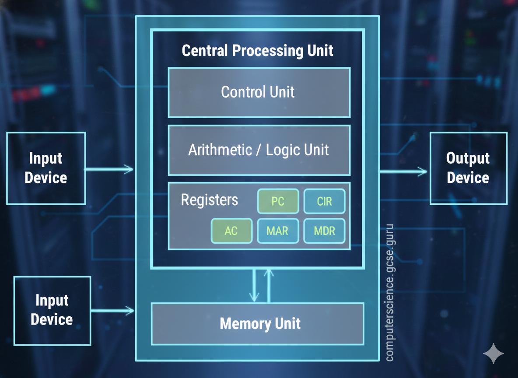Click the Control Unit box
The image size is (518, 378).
(259, 92)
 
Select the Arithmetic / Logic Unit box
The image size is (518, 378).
(259, 150)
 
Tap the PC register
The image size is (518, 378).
(278, 201)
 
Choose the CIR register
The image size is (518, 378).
(324, 201)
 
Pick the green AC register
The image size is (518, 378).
(231, 231)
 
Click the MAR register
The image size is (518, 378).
(278, 231)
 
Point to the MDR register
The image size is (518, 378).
(324, 231)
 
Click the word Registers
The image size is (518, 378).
(210, 200)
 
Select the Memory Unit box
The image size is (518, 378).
(258, 324)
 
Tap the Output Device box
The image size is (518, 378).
(468, 168)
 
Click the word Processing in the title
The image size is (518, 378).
(267, 51)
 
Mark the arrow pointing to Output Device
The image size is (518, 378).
(402, 171)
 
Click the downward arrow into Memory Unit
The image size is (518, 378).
(254, 287)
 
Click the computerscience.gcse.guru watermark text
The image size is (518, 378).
(389, 293)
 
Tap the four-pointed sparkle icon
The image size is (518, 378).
(493, 354)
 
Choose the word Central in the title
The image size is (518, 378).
(205, 51)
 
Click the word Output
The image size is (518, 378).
(468, 158)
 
